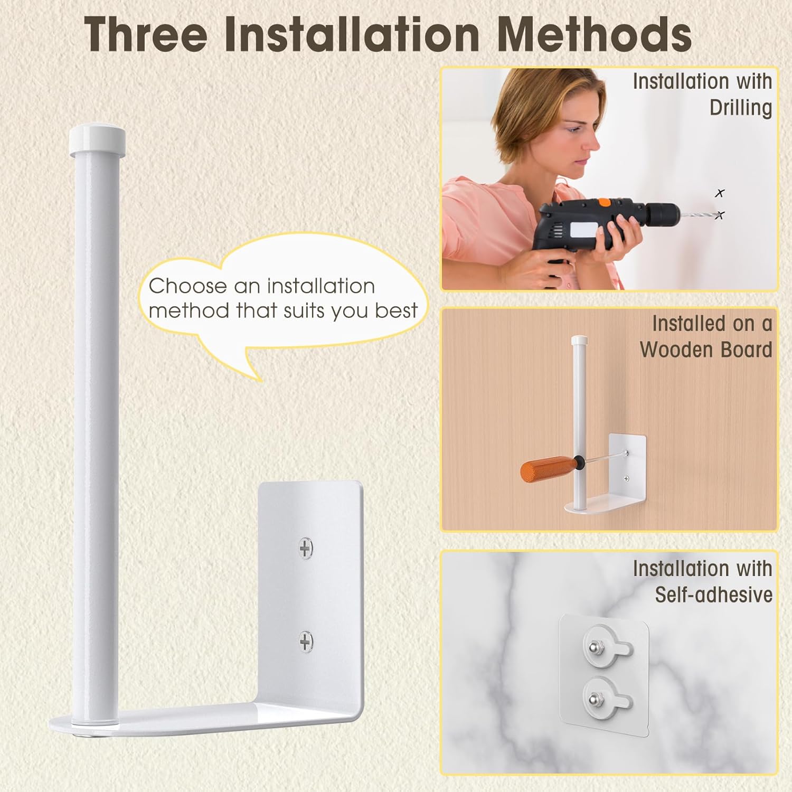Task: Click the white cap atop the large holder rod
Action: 97,139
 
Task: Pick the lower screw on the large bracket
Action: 306,642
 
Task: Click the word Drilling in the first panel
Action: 741,108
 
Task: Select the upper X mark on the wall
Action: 720,193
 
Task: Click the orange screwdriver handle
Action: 547,468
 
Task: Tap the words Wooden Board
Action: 706,350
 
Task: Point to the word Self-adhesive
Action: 714,595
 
